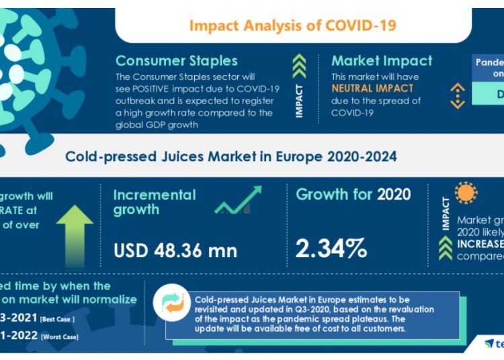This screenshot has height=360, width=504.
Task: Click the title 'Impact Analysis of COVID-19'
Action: pyautogui.click(x=292, y=26)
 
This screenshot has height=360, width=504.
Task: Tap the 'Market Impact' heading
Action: pyautogui.click(x=382, y=60)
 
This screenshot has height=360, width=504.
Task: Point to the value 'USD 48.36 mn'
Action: pyautogui.click(x=175, y=251)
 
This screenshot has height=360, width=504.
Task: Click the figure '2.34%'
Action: pyautogui.click(x=331, y=249)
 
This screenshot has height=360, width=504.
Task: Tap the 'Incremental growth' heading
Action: pyautogui.click(x=154, y=202)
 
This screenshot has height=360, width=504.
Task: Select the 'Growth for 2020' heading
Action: pyautogui.click(x=353, y=195)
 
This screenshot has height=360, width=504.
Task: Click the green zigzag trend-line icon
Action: pyautogui.click(x=238, y=201)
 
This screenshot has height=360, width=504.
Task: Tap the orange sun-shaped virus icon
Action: pyautogui.click(x=465, y=193)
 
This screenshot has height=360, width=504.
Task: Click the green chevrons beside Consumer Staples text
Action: pyautogui.click(x=299, y=66)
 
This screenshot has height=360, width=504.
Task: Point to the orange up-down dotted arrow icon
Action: pyautogui.click(x=458, y=96)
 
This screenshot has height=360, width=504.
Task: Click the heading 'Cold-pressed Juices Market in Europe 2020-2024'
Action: pyautogui.click(x=230, y=156)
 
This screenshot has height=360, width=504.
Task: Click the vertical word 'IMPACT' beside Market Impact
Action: pyautogui.click(x=299, y=101)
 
